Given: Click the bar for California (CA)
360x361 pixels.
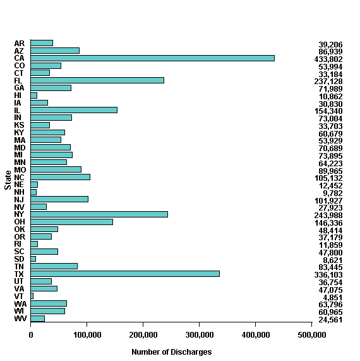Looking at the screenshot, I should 152,58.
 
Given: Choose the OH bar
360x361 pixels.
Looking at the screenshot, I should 71,222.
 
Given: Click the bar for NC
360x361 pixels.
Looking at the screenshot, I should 60,177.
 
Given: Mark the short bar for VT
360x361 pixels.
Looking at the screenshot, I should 32,296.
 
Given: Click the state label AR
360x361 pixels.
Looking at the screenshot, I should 19,44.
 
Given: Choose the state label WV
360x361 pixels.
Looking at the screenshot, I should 20,319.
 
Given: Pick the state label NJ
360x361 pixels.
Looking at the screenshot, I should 19,200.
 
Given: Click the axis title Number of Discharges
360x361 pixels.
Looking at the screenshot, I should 171,352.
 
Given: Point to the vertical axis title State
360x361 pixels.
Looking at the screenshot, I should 8,181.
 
